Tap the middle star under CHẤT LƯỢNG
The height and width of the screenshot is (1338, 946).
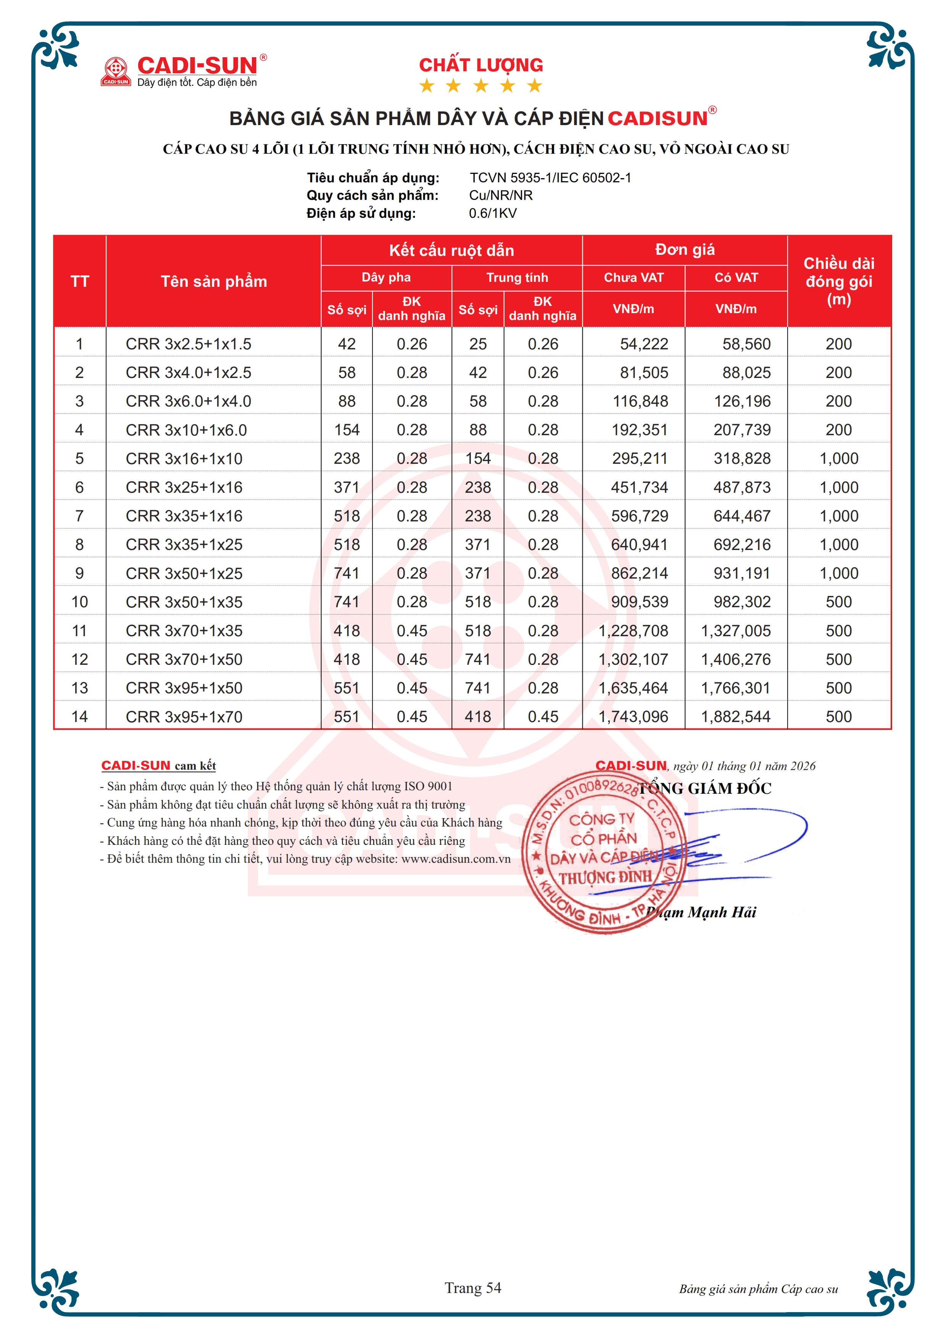[x=481, y=86]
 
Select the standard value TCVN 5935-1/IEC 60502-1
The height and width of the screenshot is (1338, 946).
[x=550, y=178]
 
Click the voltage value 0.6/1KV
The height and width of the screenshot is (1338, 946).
[x=493, y=213]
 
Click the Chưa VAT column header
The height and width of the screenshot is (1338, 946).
[x=633, y=277]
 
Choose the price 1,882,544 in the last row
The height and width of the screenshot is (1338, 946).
[x=736, y=716]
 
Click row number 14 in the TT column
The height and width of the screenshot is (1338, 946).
[x=79, y=716]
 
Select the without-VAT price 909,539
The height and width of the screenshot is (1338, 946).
[x=640, y=602]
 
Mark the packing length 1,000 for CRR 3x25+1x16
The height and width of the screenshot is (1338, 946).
[x=839, y=487]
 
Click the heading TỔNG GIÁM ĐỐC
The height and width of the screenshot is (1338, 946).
[x=705, y=788]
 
